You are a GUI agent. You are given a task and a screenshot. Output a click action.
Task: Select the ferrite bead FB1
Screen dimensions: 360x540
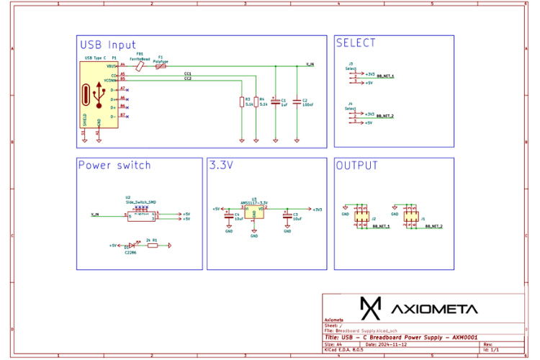point(140,66)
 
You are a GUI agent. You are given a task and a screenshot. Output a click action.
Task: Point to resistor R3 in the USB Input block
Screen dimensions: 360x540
point(241,102)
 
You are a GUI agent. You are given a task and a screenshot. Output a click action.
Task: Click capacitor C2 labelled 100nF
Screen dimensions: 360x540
point(297,102)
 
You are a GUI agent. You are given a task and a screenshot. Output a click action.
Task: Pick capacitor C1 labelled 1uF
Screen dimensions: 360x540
point(275,102)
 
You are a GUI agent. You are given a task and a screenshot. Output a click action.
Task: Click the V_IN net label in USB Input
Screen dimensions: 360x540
point(310,64)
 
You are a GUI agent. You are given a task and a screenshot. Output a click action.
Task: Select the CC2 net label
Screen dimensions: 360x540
point(188,78)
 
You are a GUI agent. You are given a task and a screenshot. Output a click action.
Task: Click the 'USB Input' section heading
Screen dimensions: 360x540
point(108,45)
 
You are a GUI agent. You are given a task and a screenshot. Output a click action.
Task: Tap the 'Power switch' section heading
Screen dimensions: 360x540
point(114,166)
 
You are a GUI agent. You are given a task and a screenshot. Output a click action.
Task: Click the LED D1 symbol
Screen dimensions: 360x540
point(131,246)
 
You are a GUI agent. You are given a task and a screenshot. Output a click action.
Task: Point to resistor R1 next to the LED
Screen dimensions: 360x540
point(153,246)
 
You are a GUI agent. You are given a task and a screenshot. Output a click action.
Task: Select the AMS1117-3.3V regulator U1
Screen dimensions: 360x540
point(254,210)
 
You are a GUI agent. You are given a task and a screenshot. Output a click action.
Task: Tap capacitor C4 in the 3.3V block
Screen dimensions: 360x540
point(229,217)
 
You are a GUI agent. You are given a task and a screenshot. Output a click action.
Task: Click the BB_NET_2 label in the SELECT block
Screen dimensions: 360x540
point(384,115)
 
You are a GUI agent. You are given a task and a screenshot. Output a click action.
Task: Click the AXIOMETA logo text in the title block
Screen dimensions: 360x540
point(434,309)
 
